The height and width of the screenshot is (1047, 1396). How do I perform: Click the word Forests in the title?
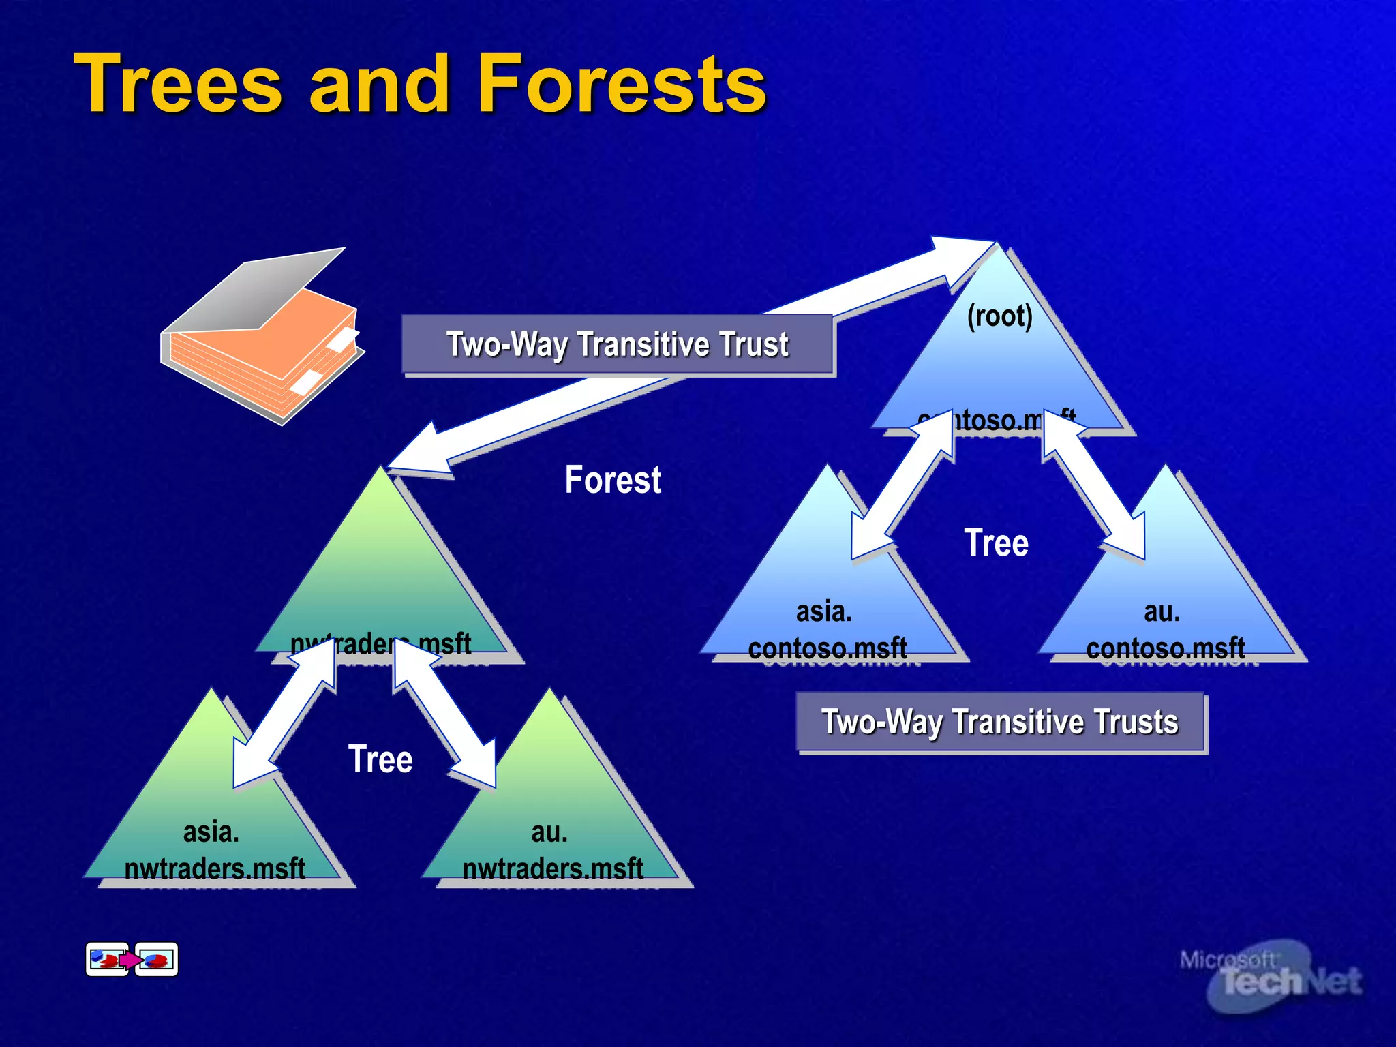coord(622,85)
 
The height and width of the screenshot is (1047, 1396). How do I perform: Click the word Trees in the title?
coord(179,85)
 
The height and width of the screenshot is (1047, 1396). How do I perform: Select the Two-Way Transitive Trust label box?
coord(617,344)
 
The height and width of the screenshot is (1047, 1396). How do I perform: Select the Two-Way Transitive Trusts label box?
coord(1000,722)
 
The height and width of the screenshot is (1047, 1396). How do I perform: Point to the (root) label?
coord(1000,316)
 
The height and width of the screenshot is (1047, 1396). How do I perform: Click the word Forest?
coord(612,480)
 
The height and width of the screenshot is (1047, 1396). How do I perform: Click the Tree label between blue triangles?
coord(996,543)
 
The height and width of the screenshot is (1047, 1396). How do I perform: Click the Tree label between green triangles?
coord(380,759)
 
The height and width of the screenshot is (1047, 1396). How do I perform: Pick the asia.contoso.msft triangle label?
coord(826,630)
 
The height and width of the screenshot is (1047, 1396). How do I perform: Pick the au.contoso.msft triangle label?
coord(1164,630)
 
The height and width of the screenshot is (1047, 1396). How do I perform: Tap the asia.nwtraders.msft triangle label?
coord(213,850)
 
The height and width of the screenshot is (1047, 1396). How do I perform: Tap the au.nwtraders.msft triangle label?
coord(551,850)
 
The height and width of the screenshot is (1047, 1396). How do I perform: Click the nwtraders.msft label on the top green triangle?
coord(380,643)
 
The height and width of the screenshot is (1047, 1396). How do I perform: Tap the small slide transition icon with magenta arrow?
coord(132,960)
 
